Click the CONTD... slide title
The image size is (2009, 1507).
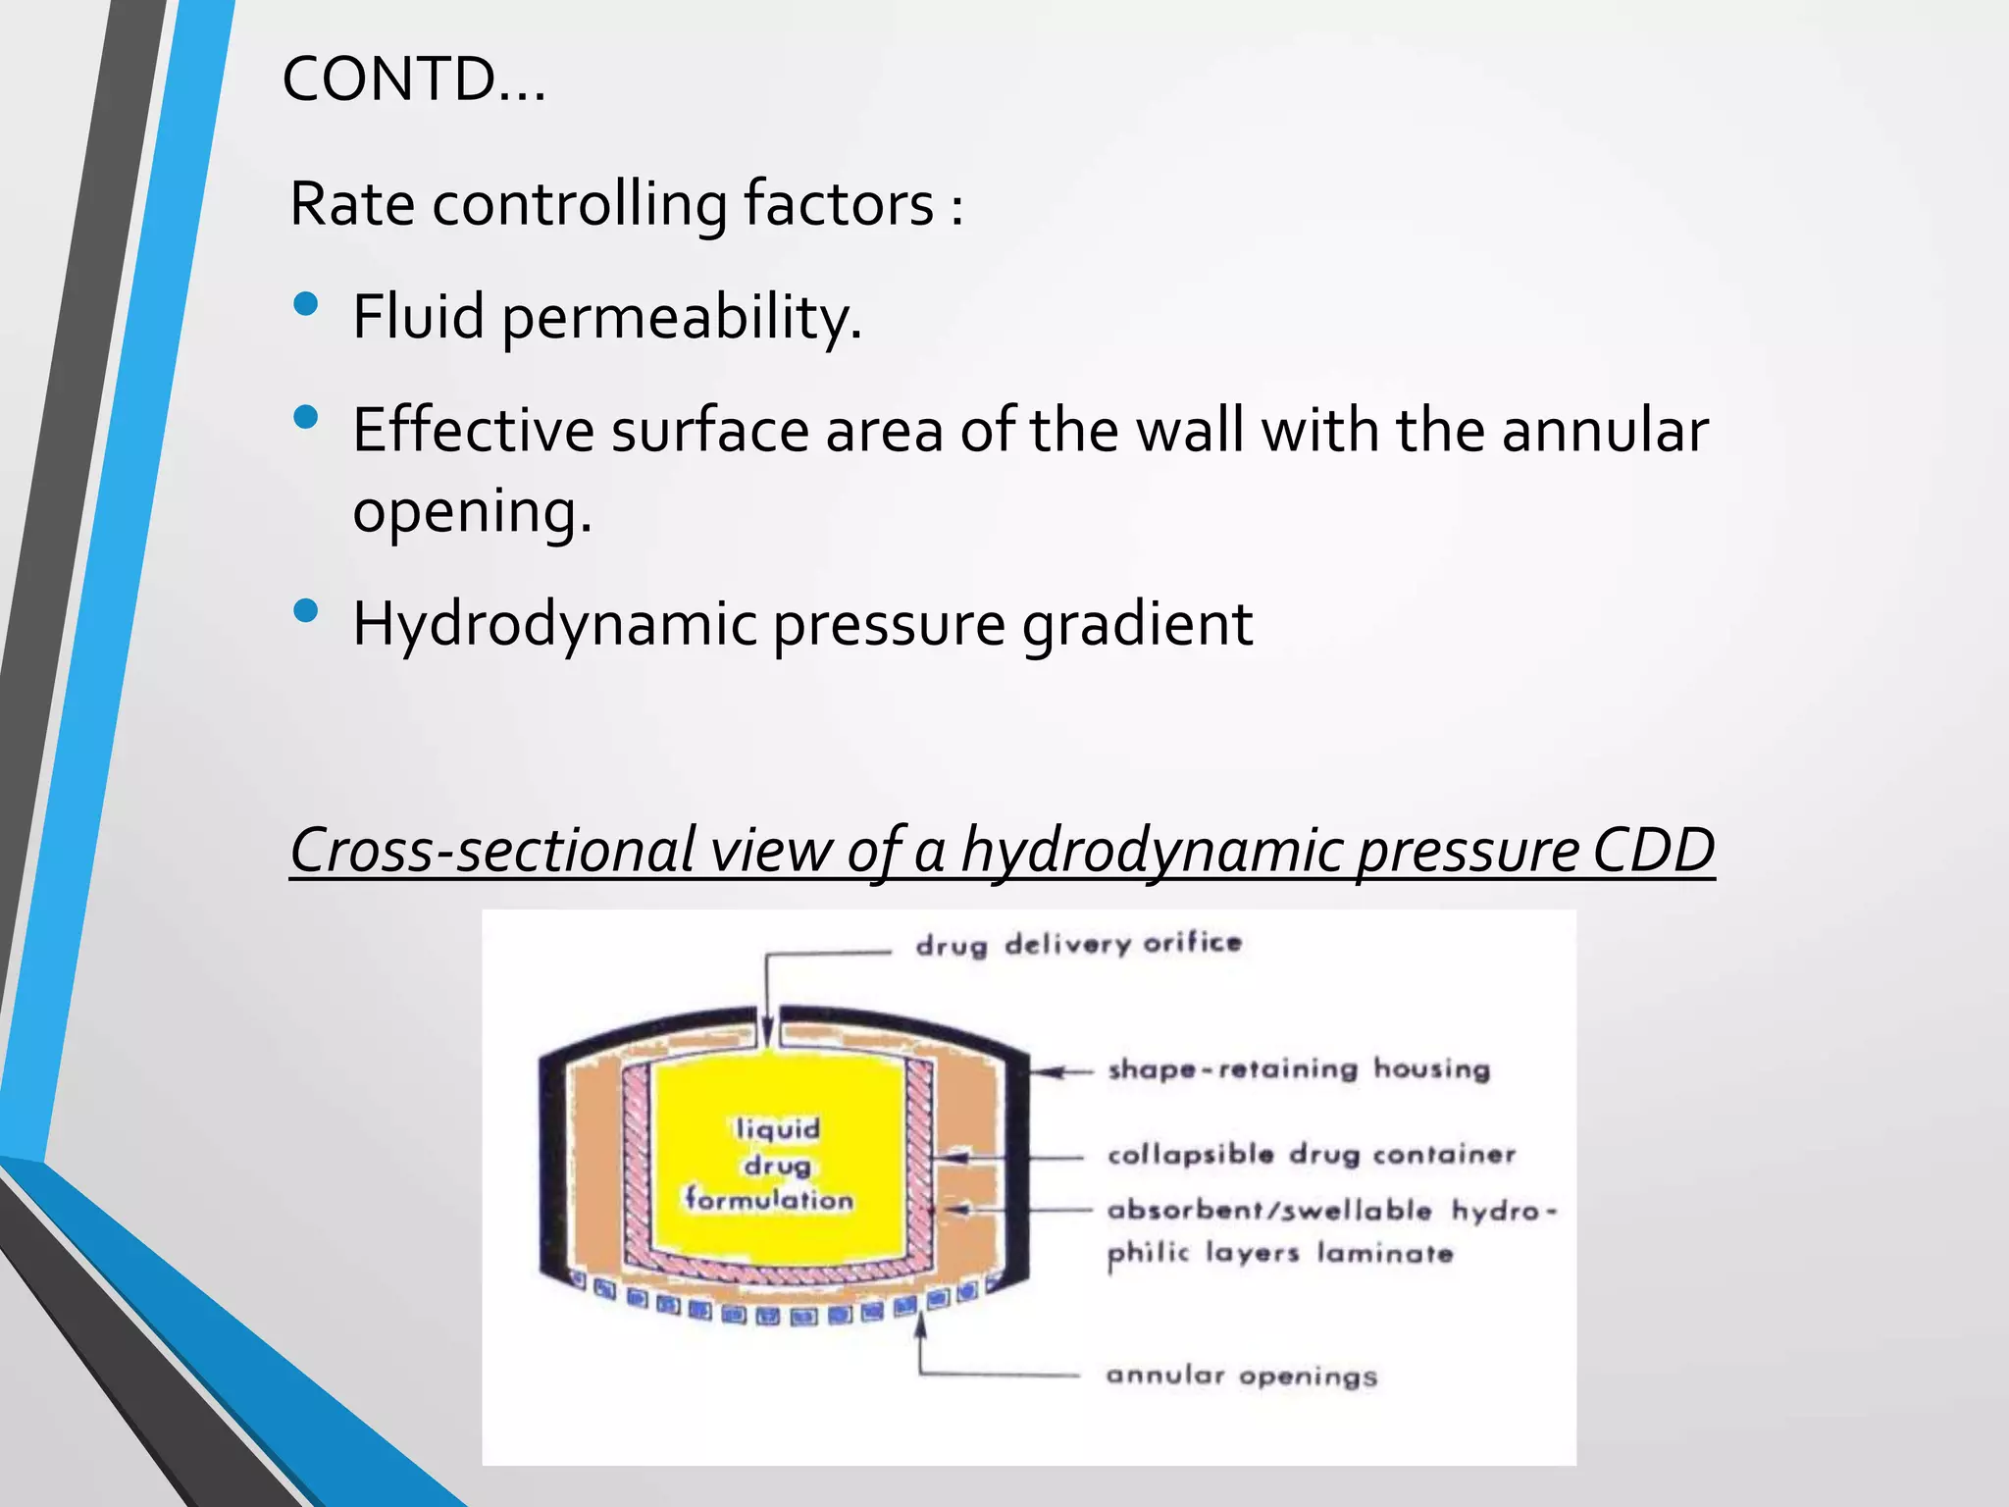pyautogui.click(x=413, y=79)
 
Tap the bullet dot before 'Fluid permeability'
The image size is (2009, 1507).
pyautogui.click(x=306, y=304)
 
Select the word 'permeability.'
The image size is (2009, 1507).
pyautogui.click(x=682, y=318)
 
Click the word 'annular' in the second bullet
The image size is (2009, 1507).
pyautogui.click(x=1605, y=431)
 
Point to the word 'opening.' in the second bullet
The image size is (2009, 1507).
pyautogui.click(x=472, y=512)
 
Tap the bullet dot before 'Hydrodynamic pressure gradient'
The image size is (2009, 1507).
pyautogui.click(x=306, y=611)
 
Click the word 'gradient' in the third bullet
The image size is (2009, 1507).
pyautogui.click(x=1138, y=624)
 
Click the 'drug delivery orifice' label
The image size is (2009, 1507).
pyautogui.click(x=1078, y=944)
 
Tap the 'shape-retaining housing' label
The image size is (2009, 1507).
pyautogui.click(x=1298, y=1068)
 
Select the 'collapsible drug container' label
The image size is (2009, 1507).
pyautogui.click(x=1311, y=1154)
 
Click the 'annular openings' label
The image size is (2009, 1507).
pyautogui.click(x=1241, y=1376)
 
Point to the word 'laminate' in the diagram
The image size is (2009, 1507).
pyautogui.click(x=1384, y=1253)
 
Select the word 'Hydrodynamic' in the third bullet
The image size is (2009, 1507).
pyautogui.click(x=554, y=624)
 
